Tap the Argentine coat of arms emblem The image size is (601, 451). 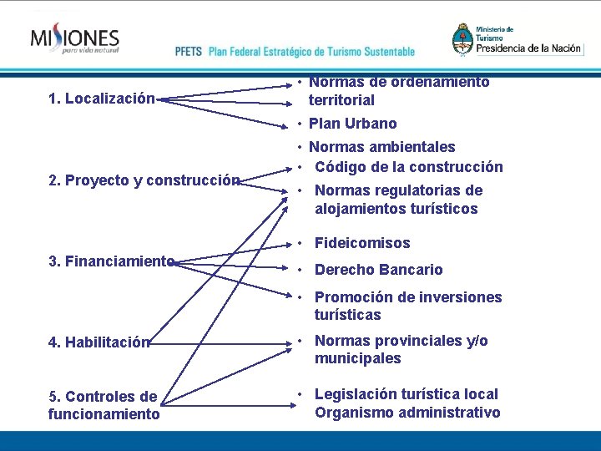point(462,38)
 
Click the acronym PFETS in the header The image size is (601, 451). point(189,51)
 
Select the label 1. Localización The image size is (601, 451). point(102,99)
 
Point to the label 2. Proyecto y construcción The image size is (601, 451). point(144,180)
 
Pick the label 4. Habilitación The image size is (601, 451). point(99,342)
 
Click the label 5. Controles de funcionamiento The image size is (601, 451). point(104,405)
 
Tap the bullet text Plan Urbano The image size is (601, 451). point(352,124)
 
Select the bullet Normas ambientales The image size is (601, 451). point(381,148)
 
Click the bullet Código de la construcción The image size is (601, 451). point(408,167)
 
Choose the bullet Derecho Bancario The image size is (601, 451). point(378,270)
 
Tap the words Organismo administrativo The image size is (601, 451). point(407,413)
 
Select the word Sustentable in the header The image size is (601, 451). point(382,51)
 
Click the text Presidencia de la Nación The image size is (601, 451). point(528,48)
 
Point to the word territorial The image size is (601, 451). point(341,100)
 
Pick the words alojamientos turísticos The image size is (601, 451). point(396,209)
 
